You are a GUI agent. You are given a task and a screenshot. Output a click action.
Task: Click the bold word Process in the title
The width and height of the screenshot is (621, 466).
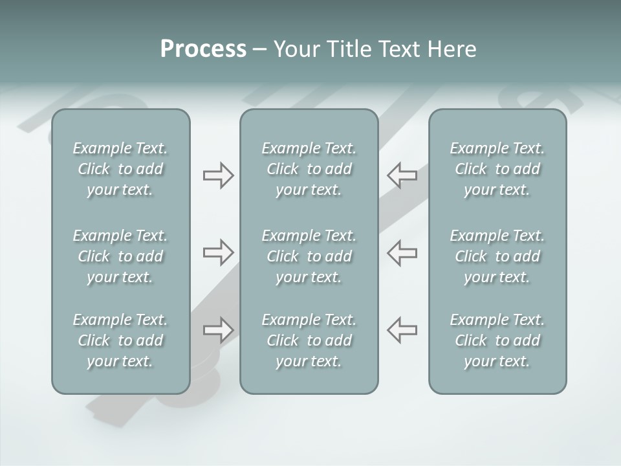click(203, 49)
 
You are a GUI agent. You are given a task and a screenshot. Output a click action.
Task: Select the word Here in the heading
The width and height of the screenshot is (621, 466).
click(452, 49)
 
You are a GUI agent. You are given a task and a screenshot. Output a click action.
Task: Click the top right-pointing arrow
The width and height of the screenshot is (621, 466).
click(219, 175)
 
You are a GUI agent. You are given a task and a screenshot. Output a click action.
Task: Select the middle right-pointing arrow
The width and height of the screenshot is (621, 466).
click(219, 252)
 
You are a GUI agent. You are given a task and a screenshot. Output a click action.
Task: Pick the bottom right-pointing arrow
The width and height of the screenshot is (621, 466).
click(219, 330)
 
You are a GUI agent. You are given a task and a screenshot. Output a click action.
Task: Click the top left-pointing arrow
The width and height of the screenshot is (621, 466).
click(402, 175)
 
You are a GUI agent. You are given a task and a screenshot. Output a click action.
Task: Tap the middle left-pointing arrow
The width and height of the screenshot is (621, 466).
click(402, 252)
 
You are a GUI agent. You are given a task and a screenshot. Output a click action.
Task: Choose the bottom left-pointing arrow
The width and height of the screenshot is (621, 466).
click(402, 330)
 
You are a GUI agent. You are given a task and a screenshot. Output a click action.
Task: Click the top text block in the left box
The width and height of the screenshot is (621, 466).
click(120, 169)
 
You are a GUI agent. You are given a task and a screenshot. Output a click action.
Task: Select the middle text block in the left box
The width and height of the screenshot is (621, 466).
click(120, 256)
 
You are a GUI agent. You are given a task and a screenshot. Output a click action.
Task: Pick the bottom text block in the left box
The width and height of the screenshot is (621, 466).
click(120, 340)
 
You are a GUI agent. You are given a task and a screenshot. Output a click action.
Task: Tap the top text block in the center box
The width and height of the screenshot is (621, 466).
click(309, 169)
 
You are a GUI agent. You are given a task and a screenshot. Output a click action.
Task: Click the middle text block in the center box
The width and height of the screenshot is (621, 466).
click(309, 256)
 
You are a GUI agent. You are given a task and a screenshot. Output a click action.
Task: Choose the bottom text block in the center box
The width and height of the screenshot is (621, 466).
click(309, 340)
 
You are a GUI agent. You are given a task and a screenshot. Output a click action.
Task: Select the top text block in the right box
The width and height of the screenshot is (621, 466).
click(497, 169)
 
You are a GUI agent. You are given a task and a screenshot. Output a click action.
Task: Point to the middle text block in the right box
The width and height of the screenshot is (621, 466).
click(497, 256)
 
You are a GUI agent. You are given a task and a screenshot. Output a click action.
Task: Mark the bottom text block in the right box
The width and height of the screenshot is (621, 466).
click(497, 340)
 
